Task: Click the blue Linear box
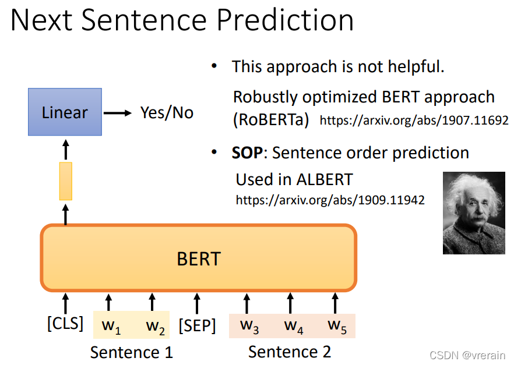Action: (65, 112)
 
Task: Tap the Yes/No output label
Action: (167, 113)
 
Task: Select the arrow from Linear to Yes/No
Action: (118, 114)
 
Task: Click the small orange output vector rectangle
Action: (65, 181)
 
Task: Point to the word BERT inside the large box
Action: (199, 259)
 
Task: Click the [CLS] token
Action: (65, 324)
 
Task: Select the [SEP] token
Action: (197, 326)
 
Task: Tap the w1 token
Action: (111, 327)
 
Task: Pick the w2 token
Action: (155, 327)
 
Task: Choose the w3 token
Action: (249, 326)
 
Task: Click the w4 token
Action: (293, 326)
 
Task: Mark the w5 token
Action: (337, 326)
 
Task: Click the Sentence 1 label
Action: (132, 353)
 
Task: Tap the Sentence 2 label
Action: (290, 352)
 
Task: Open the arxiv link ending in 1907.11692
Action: (414, 121)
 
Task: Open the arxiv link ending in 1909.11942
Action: (330, 200)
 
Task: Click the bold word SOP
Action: (247, 153)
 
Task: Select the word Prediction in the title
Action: (285, 20)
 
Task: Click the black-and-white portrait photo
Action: (474, 213)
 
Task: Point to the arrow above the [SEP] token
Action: (197, 303)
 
